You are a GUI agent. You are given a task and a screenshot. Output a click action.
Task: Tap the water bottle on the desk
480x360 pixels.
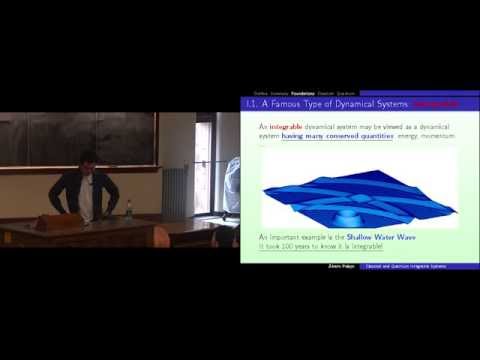click(128, 209)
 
